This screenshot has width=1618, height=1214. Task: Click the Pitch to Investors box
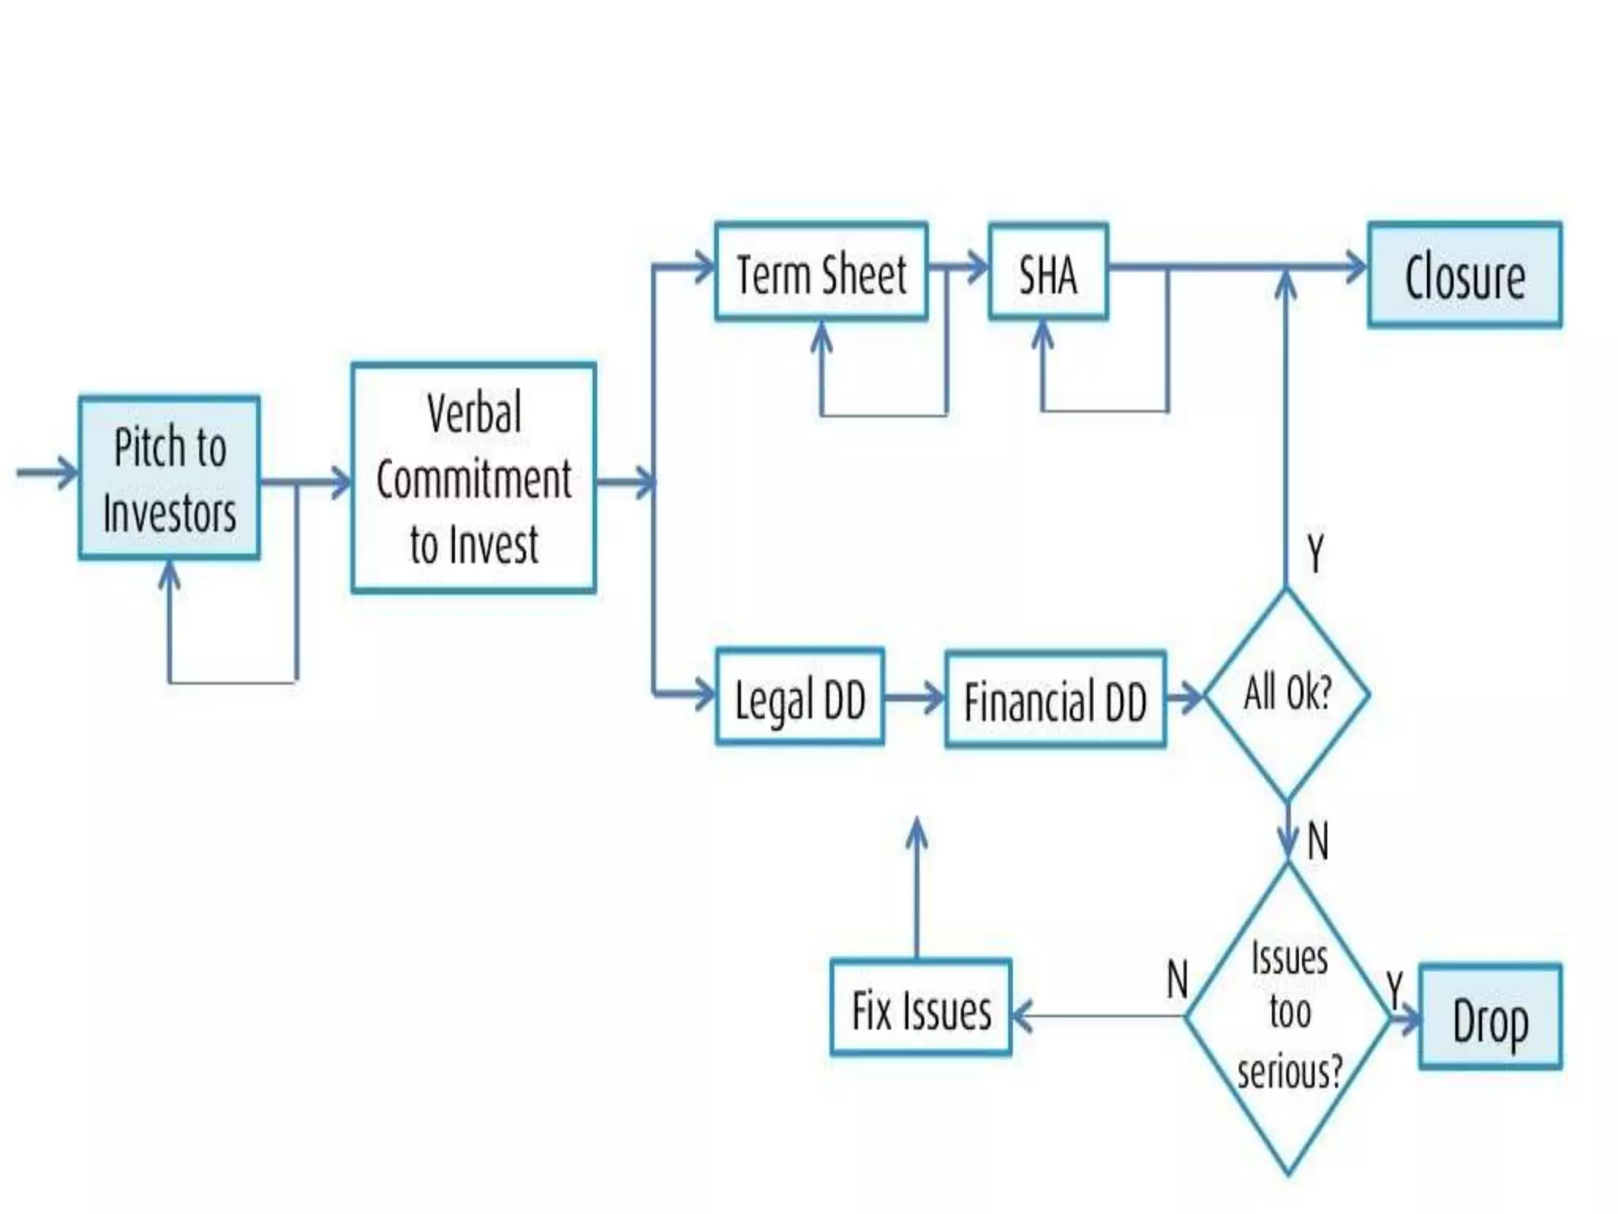pyautogui.click(x=169, y=479)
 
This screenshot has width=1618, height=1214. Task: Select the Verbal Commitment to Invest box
pyautogui.click(x=473, y=478)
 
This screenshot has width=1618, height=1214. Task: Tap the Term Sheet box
pyautogui.click(x=821, y=273)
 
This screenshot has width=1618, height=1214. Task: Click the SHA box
pyautogui.click(x=1048, y=273)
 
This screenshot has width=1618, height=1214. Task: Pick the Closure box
pyautogui.click(x=1465, y=275)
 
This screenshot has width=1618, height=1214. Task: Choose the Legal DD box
pyautogui.click(x=799, y=697)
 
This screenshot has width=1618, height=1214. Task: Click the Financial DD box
pyautogui.click(x=1055, y=699)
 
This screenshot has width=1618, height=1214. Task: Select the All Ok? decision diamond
pyautogui.click(x=1287, y=695)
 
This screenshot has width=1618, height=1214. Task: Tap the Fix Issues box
pyautogui.click(x=920, y=1008)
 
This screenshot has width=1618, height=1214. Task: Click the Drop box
pyautogui.click(x=1490, y=1017)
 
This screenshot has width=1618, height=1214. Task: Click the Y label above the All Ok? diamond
pyautogui.click(x=1315, y=553)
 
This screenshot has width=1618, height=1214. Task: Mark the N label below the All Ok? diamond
pyautogui.click(x=1317, y=840)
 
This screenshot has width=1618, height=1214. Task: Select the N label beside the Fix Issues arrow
pyautogui.click(x=1177, y=979)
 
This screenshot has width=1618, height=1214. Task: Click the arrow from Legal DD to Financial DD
pyautogui.click(x=914, y=698)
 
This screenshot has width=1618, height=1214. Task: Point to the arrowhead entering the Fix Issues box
pyautogui.click(x=1022, y=1016)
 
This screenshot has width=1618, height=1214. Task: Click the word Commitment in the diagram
pyautogui.click(x=473, y=479)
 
